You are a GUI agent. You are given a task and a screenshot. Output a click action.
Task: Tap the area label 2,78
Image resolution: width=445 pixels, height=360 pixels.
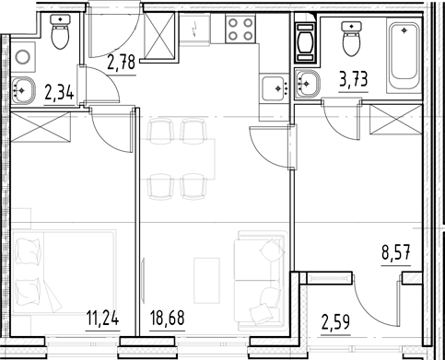122,63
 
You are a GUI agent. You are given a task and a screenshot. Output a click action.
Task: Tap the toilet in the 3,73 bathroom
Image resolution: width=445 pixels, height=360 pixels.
350,39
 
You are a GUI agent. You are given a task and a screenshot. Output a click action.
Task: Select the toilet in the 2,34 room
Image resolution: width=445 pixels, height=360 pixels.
60,36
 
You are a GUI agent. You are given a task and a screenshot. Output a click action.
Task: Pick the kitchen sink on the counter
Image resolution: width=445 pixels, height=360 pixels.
274,88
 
